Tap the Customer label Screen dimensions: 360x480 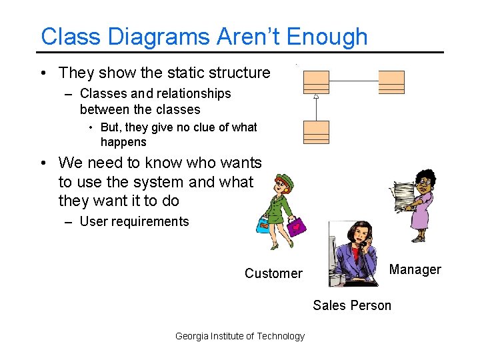[273, 273]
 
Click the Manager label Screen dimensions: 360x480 [415, 269]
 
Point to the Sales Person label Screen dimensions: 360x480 [352, 305]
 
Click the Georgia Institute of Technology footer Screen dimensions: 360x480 [239, 336]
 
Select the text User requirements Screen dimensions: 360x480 [134, 221]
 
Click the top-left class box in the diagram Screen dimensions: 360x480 [316, 82]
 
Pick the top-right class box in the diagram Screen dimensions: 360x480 [391, 82]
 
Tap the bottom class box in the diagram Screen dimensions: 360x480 [316, 132]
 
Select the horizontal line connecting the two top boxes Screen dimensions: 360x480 [353, 81]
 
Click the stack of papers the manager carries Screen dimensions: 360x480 [403, 196]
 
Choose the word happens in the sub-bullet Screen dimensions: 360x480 [123, 142]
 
